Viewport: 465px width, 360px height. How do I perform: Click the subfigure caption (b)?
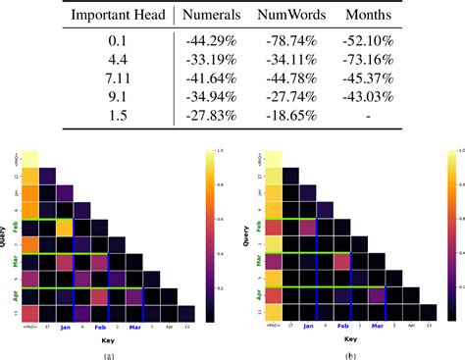pyautogui.click(x=350, y=354)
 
